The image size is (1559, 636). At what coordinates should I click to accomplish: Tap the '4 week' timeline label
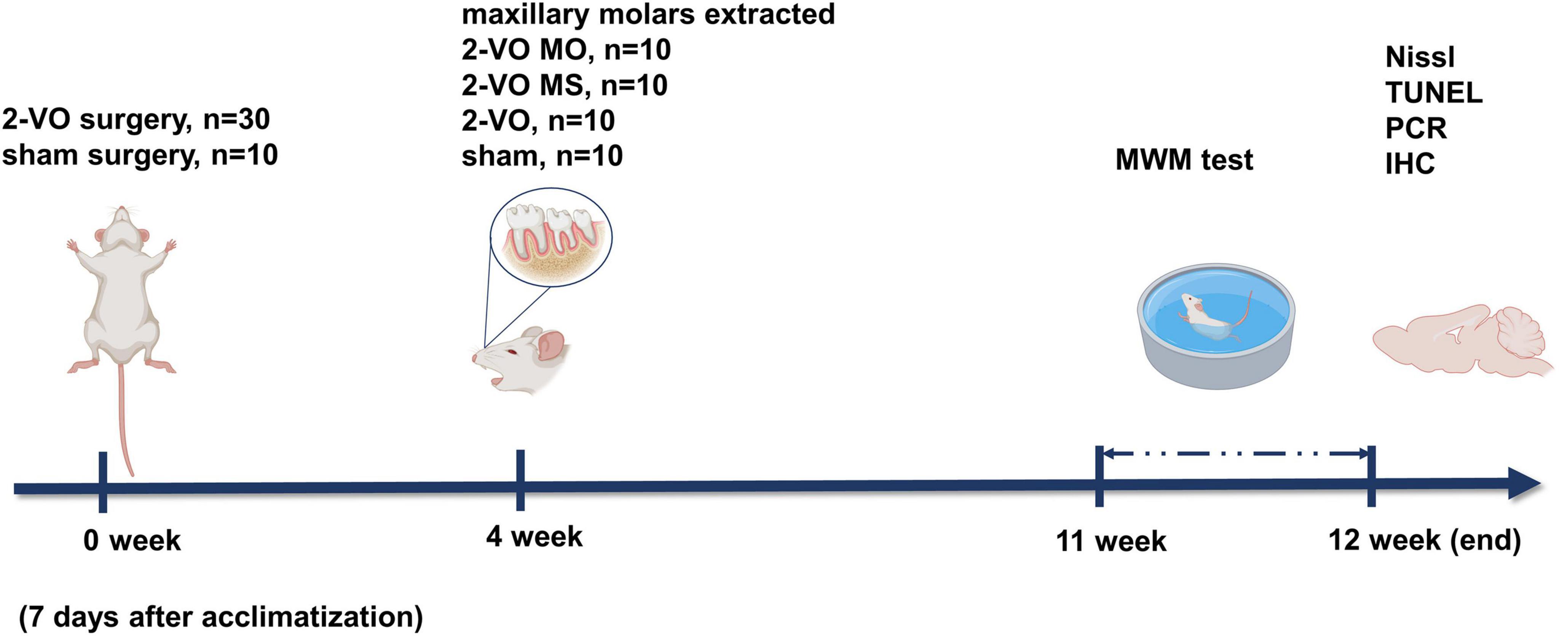[x=534, y=536]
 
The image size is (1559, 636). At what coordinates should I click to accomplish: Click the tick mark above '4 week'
[x=520, y=480]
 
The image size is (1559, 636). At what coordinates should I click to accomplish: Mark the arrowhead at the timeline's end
[x=1524, y=484]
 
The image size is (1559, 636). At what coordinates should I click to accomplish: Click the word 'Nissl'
[x=1419, y=57]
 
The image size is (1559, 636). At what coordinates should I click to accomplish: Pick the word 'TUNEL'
[x=1434, y=93]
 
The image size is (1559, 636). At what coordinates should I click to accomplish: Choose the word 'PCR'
[x=1415, y=128]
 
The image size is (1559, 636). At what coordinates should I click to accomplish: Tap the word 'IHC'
[x=1409, y=163]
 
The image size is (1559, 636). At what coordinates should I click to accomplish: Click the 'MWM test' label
[x=1184, y=159]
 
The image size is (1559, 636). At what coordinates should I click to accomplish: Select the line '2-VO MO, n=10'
[x=566, y=49]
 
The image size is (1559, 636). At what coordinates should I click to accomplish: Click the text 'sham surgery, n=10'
[x=140, y=155]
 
